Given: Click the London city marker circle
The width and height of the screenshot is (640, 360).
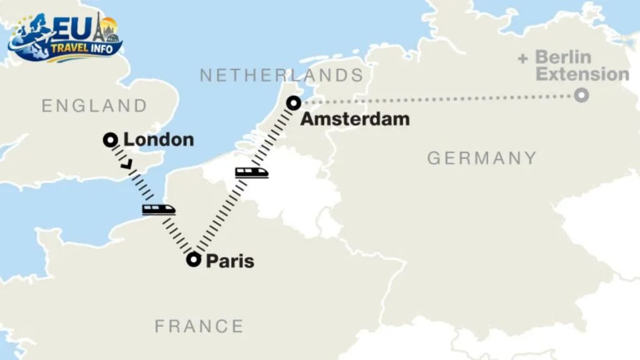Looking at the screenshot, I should coord(110,140).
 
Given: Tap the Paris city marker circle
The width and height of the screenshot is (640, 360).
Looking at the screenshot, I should coord(194,260).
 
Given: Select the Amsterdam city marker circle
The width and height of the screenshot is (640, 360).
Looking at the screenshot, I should coord(293,102).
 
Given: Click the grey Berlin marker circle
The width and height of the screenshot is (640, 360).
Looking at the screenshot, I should coord(582,96).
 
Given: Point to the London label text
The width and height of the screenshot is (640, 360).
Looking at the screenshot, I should coord(159,140).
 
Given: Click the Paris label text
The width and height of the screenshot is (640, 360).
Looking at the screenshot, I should coord(231,261).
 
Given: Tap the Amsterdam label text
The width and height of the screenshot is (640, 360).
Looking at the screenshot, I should coord(354,119).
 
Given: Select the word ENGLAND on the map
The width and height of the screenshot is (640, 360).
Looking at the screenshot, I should coord(94,106).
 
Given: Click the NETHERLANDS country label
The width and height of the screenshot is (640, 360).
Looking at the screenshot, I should coord(281,76).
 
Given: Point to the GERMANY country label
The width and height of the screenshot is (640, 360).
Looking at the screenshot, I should coord(482,158).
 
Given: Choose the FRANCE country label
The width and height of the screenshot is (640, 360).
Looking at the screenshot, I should coord(199,326).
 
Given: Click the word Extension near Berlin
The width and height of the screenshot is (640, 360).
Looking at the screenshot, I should coord(582,74).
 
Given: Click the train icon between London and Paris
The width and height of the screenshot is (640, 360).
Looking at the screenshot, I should coord(158,209).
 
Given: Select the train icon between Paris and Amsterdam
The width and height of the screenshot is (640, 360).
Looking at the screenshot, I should coord(252,172).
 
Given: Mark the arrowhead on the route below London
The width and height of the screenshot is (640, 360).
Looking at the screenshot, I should coord(128,165).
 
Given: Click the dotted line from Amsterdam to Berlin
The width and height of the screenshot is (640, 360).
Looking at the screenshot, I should coord(437,99).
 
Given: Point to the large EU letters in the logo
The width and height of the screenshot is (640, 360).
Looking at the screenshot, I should coord(69,27).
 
